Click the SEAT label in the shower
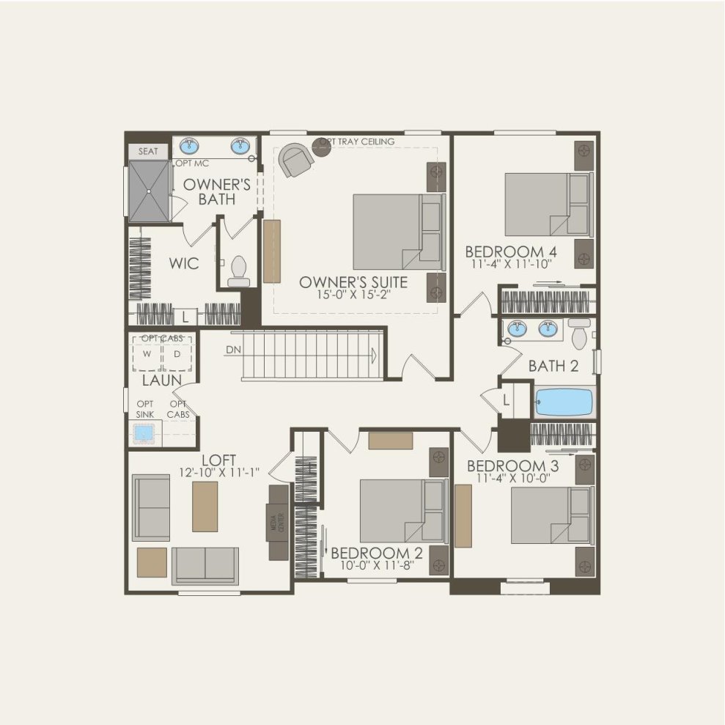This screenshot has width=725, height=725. tap(148, 152)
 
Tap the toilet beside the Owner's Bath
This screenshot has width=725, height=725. tap(238, 271)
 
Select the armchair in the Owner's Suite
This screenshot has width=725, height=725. tap(296, 159)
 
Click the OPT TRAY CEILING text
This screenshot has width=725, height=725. tap(357, 141)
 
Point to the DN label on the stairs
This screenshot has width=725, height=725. tap(234, 350)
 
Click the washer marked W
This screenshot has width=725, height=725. tap(147, 354)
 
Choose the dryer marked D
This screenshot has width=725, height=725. tap(177, 354)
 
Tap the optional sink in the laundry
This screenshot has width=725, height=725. tap(144, 435)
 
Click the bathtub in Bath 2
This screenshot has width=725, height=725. tap(564, 402)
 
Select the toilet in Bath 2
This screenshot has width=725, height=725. tap(580, 334)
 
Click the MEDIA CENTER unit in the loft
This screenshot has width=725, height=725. tap(279, 523)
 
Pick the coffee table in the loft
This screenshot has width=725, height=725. tap(205, 507)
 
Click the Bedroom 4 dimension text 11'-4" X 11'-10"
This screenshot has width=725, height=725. tap(508, 263)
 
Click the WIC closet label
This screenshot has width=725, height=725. tap(183, 263)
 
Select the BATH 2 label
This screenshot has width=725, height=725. tap(553, 365)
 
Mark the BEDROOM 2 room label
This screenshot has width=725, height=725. tap(377, 553)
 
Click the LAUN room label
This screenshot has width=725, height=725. tap(162, 381)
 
